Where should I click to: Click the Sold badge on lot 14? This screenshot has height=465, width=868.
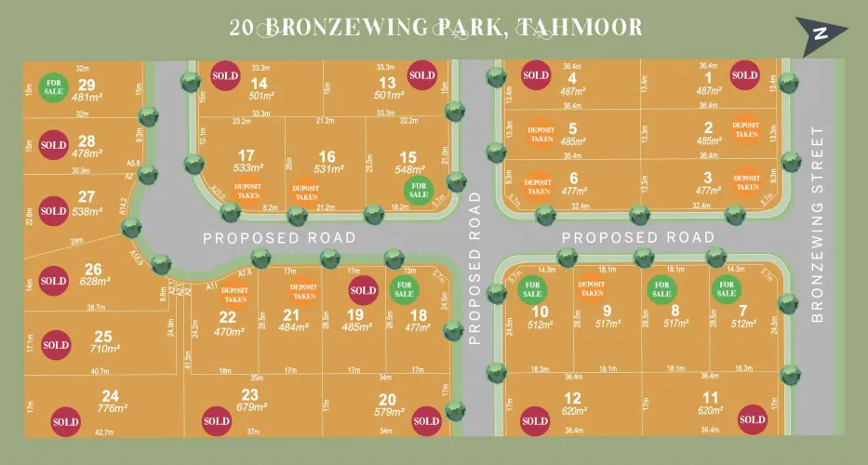(x=225, y=75)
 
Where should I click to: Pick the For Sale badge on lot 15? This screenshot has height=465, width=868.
(x=419, y=189)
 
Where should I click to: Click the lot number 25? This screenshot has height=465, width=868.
(x=103, y=337)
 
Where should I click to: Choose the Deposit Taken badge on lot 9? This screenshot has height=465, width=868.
(x=592, y=288)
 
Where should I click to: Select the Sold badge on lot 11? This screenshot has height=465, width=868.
(x=752, y=420)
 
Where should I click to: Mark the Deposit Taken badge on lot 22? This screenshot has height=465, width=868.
(x=235, y=295)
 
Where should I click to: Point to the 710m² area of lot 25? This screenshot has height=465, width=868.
(x=105, y=350)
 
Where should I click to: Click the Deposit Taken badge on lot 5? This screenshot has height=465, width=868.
(x=541, y=134)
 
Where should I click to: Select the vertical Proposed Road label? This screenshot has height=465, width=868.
(x=474, y=270)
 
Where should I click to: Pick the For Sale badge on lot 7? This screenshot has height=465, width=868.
(x=725, y=288)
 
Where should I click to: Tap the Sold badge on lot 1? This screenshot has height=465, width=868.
(x=744, y=75)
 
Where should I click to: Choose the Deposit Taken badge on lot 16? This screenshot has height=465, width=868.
(x=305, y=192)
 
